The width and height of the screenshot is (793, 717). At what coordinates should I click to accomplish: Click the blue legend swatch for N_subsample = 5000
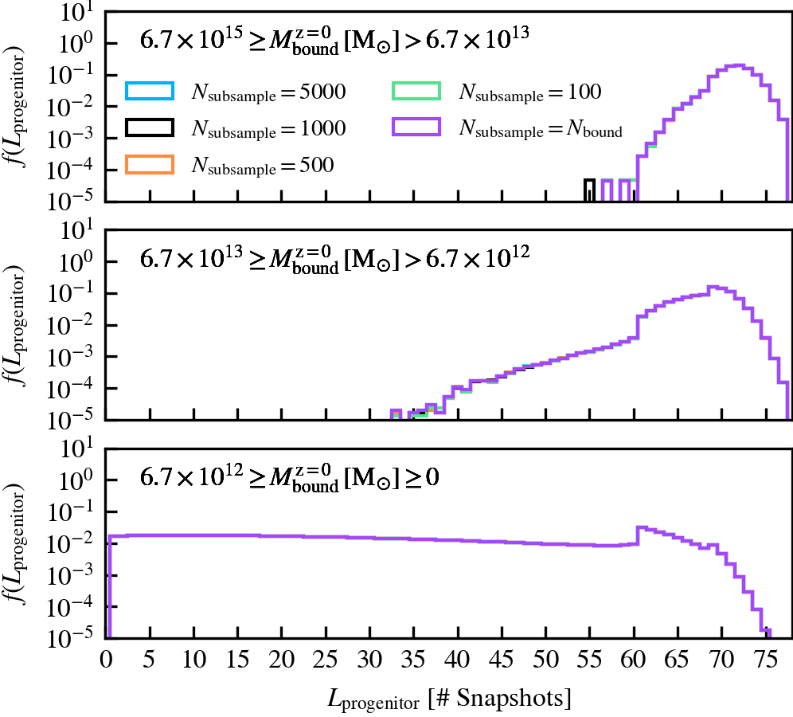click(x=149, y=92)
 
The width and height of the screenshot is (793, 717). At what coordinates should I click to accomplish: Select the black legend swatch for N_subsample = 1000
click(x=149, y=128)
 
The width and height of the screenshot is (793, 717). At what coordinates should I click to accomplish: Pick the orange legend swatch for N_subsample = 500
click(x=149, y=165)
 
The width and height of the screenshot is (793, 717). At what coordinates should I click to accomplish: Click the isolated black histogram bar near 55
click(x=589, y=190)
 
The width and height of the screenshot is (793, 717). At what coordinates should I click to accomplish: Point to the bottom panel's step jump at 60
click(x=638, y=535)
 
